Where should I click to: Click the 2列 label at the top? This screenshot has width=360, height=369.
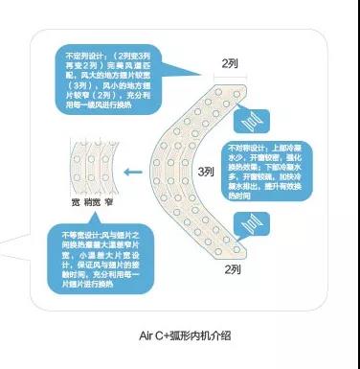pos(230,63)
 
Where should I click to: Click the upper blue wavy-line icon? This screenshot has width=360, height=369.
pos(248,122)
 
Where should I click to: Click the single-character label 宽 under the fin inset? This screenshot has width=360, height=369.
pos(74,203)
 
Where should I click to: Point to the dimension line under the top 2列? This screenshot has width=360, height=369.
pos(230,76)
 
